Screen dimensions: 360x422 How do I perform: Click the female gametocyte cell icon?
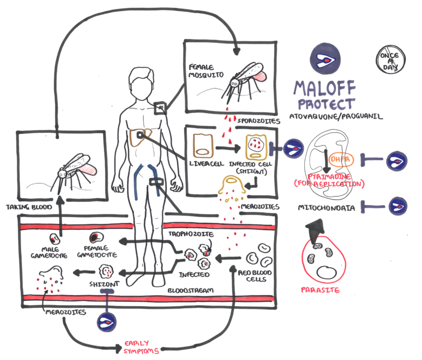point(95,238)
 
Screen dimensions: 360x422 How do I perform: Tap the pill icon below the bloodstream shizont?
point(107,320)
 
